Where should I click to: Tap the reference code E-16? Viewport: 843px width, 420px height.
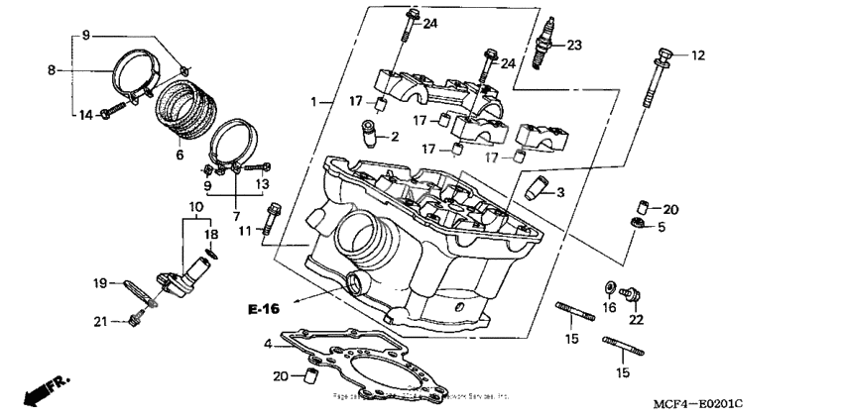[x=264, y=310]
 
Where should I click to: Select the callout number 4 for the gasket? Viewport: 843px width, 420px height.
[x=267, y=343]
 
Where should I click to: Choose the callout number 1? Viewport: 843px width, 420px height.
[x=313, y=102]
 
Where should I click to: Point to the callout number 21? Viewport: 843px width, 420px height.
[x=99, y=319]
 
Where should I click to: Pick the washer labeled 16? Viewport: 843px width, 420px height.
[x=606, y=288]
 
